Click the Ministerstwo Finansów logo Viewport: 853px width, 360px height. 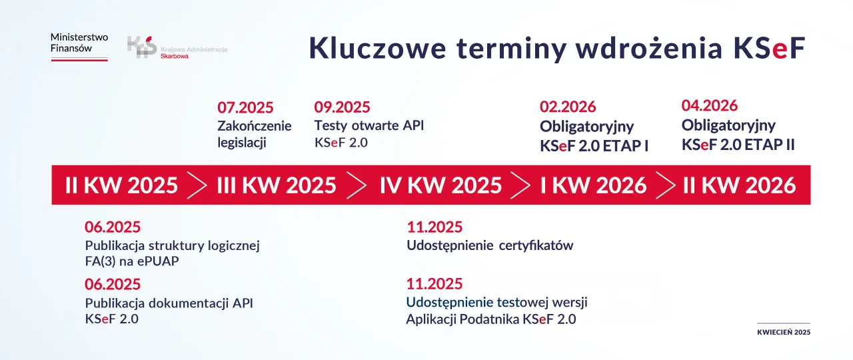79,46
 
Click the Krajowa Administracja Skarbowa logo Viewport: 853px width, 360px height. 177,49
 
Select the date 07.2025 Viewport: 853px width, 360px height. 245,108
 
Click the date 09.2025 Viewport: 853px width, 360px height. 342,107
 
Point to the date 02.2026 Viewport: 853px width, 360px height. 568,107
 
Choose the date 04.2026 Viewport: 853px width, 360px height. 710,106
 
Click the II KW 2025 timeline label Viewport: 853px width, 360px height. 121,185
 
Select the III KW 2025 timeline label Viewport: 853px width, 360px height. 277,185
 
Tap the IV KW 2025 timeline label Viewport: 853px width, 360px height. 440,185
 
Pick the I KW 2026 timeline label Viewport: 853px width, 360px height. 593,185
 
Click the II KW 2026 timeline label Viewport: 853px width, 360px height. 739,185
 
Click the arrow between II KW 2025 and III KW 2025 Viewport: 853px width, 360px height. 197,185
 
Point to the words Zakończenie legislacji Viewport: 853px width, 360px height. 254,134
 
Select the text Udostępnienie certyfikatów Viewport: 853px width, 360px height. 490,245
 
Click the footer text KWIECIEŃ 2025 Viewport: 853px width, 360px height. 784,332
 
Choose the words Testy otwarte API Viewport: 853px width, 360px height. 369,125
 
